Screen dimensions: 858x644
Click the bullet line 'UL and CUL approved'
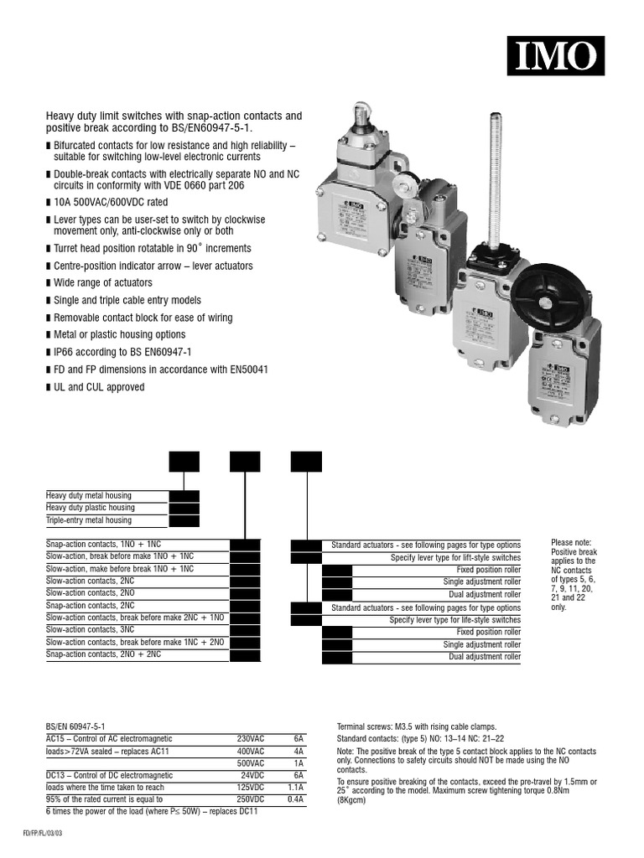point(99,387)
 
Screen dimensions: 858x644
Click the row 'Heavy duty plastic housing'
point(90,508)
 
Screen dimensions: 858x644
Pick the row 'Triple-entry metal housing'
point(89,520)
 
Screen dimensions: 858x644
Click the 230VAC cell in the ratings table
point(251,739)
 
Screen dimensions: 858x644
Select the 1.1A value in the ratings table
point(294,788)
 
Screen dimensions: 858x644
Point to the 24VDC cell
point(252,776)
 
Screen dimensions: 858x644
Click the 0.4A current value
point(294,800)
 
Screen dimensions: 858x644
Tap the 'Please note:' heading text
point(573,543)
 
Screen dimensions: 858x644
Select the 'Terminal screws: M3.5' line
point(417,726)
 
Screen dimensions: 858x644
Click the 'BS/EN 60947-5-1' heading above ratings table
point(75,726)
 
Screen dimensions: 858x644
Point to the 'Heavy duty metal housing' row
point(88,495)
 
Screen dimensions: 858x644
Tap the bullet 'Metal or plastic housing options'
point(119,335)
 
